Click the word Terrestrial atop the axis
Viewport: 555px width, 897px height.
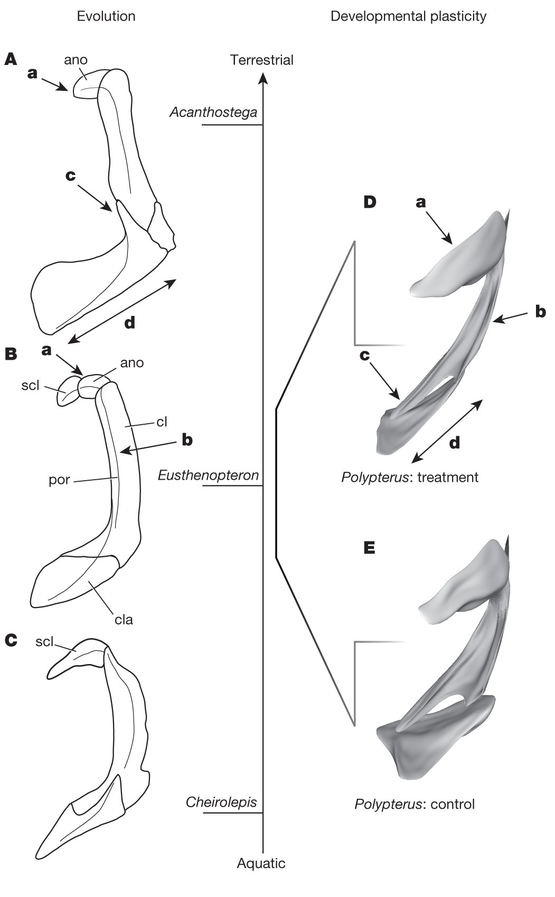point(261,60)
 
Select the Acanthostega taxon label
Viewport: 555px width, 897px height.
point(213,112)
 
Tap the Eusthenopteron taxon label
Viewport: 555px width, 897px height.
point(209,475)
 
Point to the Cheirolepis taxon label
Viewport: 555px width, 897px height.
point(221,802)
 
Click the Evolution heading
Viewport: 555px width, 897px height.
point(106,16)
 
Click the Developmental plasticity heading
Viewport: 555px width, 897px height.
point(408,16)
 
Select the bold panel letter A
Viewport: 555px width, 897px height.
point(11,59)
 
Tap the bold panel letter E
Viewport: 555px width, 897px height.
point(370,548)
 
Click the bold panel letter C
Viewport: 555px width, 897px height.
point(11,641)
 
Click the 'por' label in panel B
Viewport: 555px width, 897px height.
point(59,481)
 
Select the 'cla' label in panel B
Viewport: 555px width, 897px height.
point(124,619)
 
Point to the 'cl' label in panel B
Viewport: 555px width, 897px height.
point(162,422)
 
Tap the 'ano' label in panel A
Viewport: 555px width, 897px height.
point(76,60)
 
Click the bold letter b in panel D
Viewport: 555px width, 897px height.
point(540,312)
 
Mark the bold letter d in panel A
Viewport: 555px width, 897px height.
point(129,322)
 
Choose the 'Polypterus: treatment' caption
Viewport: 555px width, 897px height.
point(410,478)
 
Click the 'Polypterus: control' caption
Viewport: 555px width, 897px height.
point(415,805)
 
